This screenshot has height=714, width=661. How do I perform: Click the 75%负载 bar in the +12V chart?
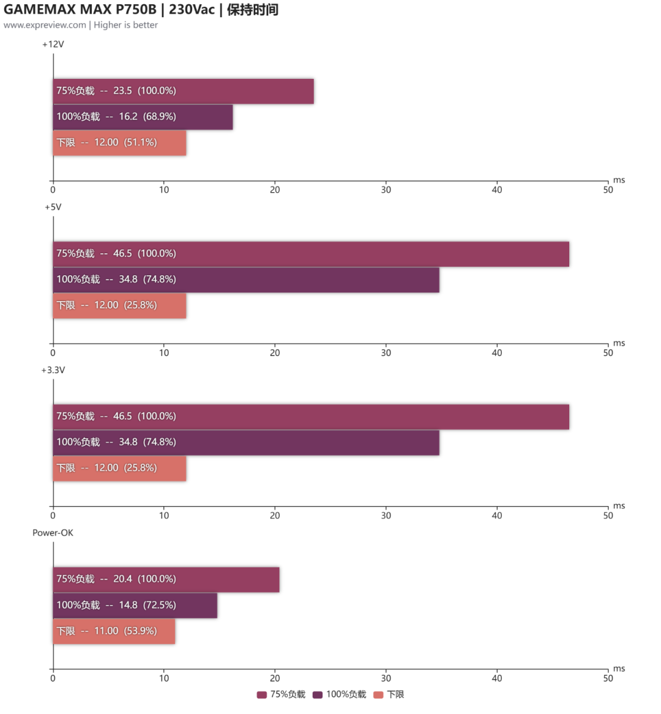184,91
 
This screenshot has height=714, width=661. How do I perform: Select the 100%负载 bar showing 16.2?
143,117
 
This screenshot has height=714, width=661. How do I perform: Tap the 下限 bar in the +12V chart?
119,143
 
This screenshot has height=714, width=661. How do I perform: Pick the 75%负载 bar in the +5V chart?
311,254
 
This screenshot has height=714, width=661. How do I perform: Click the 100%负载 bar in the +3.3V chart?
246,442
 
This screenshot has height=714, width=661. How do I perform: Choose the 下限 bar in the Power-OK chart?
114,631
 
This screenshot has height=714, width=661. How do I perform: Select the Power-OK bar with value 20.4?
166,579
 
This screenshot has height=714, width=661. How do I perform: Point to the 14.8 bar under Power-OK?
135,606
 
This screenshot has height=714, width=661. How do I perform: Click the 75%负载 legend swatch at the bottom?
262,695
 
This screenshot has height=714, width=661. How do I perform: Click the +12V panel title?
53,44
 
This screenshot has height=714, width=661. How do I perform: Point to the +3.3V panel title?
53,370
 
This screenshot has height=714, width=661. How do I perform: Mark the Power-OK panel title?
53,533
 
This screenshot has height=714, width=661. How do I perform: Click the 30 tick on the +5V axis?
386,353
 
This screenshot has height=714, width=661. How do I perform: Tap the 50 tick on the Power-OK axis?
608,678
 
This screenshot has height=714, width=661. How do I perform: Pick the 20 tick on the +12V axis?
275,190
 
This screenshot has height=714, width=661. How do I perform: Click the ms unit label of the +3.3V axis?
619,506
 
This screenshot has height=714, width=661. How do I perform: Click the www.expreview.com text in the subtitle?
45,25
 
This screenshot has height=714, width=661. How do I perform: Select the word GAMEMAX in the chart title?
40,10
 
